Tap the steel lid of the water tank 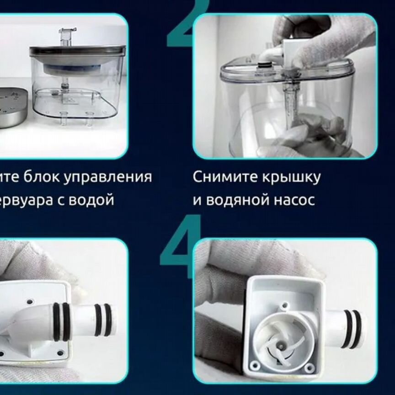coord(75,51)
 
